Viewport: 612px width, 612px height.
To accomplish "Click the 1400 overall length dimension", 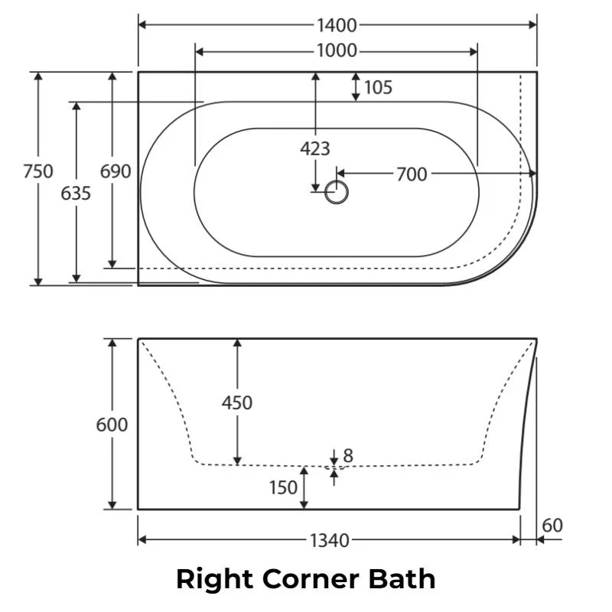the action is point(337,25).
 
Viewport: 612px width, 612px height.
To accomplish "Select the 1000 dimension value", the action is point(337,50).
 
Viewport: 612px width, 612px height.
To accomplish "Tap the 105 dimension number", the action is point(378,87).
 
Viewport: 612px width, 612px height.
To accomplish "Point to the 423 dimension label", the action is point(315,148).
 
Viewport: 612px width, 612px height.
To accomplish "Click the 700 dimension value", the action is point(412,174).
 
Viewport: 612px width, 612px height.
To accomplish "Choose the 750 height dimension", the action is point(37,171).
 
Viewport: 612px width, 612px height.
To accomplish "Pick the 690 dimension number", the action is point(116,171).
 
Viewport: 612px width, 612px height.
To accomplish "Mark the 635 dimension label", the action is point(76,194).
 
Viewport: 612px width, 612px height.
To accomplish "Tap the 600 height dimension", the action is point(112,425).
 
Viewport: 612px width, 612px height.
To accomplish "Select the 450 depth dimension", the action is point(237,402).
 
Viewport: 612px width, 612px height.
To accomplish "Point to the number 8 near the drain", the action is point(348,455).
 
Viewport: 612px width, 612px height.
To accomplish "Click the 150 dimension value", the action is point(283,487).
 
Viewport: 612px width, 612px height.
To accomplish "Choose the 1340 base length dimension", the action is point(330,541).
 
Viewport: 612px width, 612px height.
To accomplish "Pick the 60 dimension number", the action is point(552,526).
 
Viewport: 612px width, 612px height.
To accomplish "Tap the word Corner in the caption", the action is point(311,579).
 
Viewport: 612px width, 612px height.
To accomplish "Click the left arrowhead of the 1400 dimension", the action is point(142,25).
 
